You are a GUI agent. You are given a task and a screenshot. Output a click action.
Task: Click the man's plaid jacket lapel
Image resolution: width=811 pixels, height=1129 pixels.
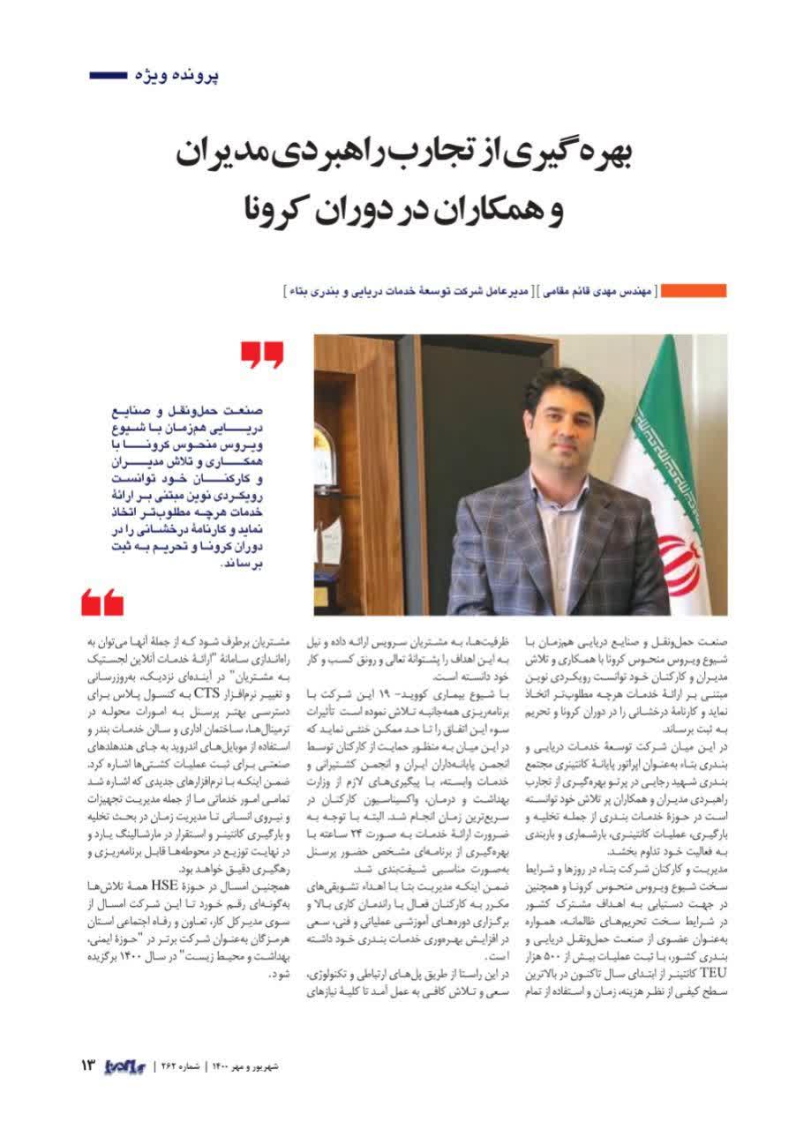[x=529, y=520]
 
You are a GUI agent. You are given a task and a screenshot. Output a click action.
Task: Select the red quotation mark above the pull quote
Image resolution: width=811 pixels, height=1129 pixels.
[x=262, y=356]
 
